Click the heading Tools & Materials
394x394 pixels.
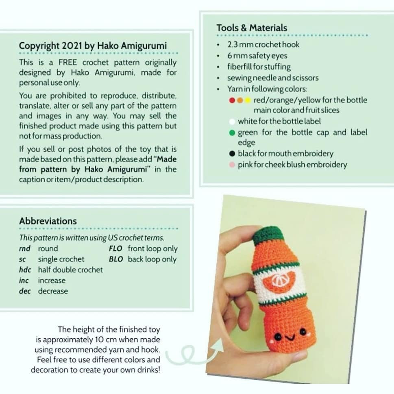click(252, 28)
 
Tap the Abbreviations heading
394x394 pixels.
click(48, 221)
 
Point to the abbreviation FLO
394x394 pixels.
click(115, 248)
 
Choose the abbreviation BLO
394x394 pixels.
click(115, 259)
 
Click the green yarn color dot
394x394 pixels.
click(232, 133)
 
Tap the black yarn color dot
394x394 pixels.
click(232, 154)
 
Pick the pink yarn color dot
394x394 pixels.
click(232, 165)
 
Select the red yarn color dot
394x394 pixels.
click(232, 100)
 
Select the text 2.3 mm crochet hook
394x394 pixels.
click(263, 45)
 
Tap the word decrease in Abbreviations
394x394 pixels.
click(53, 291)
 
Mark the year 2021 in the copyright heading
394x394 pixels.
click(72, 46)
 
